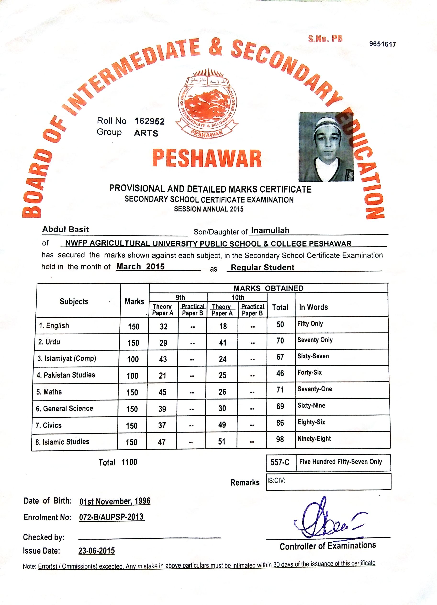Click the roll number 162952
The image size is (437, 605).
(149, 121)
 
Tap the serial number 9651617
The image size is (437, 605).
(382, 44)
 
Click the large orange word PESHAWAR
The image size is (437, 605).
(207, 159)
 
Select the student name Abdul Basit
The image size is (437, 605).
(66, 229)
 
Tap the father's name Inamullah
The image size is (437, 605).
(270, 230)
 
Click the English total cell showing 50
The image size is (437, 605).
(280, 324)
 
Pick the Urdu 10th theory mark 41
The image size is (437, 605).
(223, 342)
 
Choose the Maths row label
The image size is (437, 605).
(49, 392)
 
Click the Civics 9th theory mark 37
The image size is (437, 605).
(162, 425)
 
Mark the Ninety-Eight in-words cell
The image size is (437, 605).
(314, 439)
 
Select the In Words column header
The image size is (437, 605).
(313, 307)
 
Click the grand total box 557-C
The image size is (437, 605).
(280, 462)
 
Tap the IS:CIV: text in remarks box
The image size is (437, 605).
(276, 481)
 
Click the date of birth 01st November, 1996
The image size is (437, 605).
(115, 501)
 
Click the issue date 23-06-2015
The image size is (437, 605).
(96, 551)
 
